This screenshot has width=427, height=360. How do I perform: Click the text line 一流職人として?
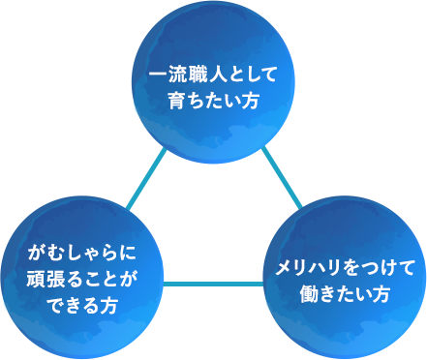[212, 75]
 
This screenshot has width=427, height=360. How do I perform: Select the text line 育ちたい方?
[212, 100]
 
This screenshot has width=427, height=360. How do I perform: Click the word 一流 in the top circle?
[168, 75]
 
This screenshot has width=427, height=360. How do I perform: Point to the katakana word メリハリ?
[308, 266]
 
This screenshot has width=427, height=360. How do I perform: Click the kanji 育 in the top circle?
[175, 100]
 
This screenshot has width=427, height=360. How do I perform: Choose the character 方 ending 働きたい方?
[381, 292]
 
